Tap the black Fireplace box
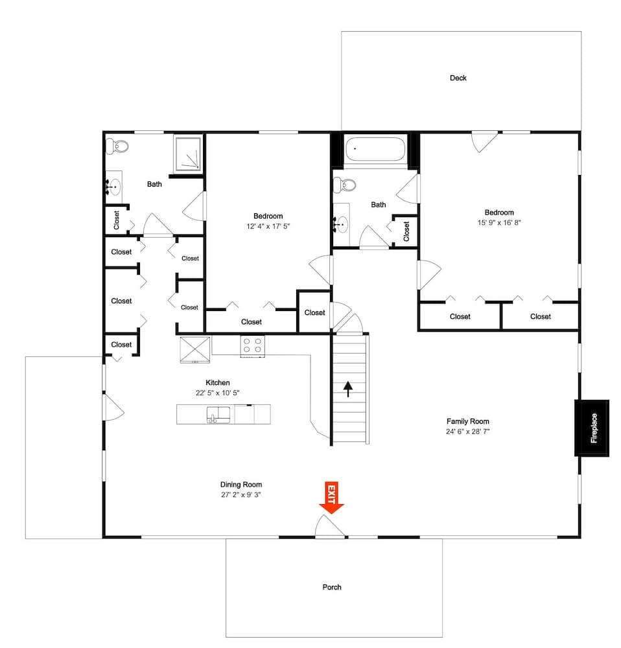(x=591, y=428)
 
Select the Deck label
(x=458, y=78)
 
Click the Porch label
(x=332, y=588)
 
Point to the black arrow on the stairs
(x=348, y=389)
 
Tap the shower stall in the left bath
(x=188, y=154)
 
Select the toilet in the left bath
(x=117, y=146)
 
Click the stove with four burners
(x=252, y=345)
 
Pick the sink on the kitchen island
(x=218, y=414)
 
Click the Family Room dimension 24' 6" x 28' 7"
(x=467, y=431)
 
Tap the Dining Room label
(x=241, y=485)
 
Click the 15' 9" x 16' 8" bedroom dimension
(x=499, y=222)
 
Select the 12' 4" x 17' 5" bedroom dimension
(x=268, y=226)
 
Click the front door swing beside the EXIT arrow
(x=329, y=526)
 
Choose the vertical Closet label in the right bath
(x=406, y=230)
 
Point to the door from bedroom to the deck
(x=484, y=141)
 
